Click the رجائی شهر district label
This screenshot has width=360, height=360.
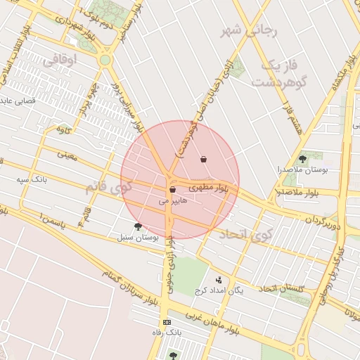[x=250, y=31]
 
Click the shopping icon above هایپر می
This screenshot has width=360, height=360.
[x=172, y=190]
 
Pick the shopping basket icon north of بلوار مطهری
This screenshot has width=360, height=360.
[x=204, y=159]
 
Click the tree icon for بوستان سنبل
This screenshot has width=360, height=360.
[x=138, y=226]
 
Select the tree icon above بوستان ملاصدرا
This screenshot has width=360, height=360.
[x=302, y=159]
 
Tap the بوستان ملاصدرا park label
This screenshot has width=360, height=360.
[x=302, y=170]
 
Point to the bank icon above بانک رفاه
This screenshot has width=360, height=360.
[x=167, y=321]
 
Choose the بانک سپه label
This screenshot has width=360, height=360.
[x=32, y=179]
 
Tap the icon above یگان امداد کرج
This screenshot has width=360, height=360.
[x=218, y=280]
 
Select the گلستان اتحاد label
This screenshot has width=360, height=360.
[x=281, y=288]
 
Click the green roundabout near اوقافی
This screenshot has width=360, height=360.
[x=105, y=60]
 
